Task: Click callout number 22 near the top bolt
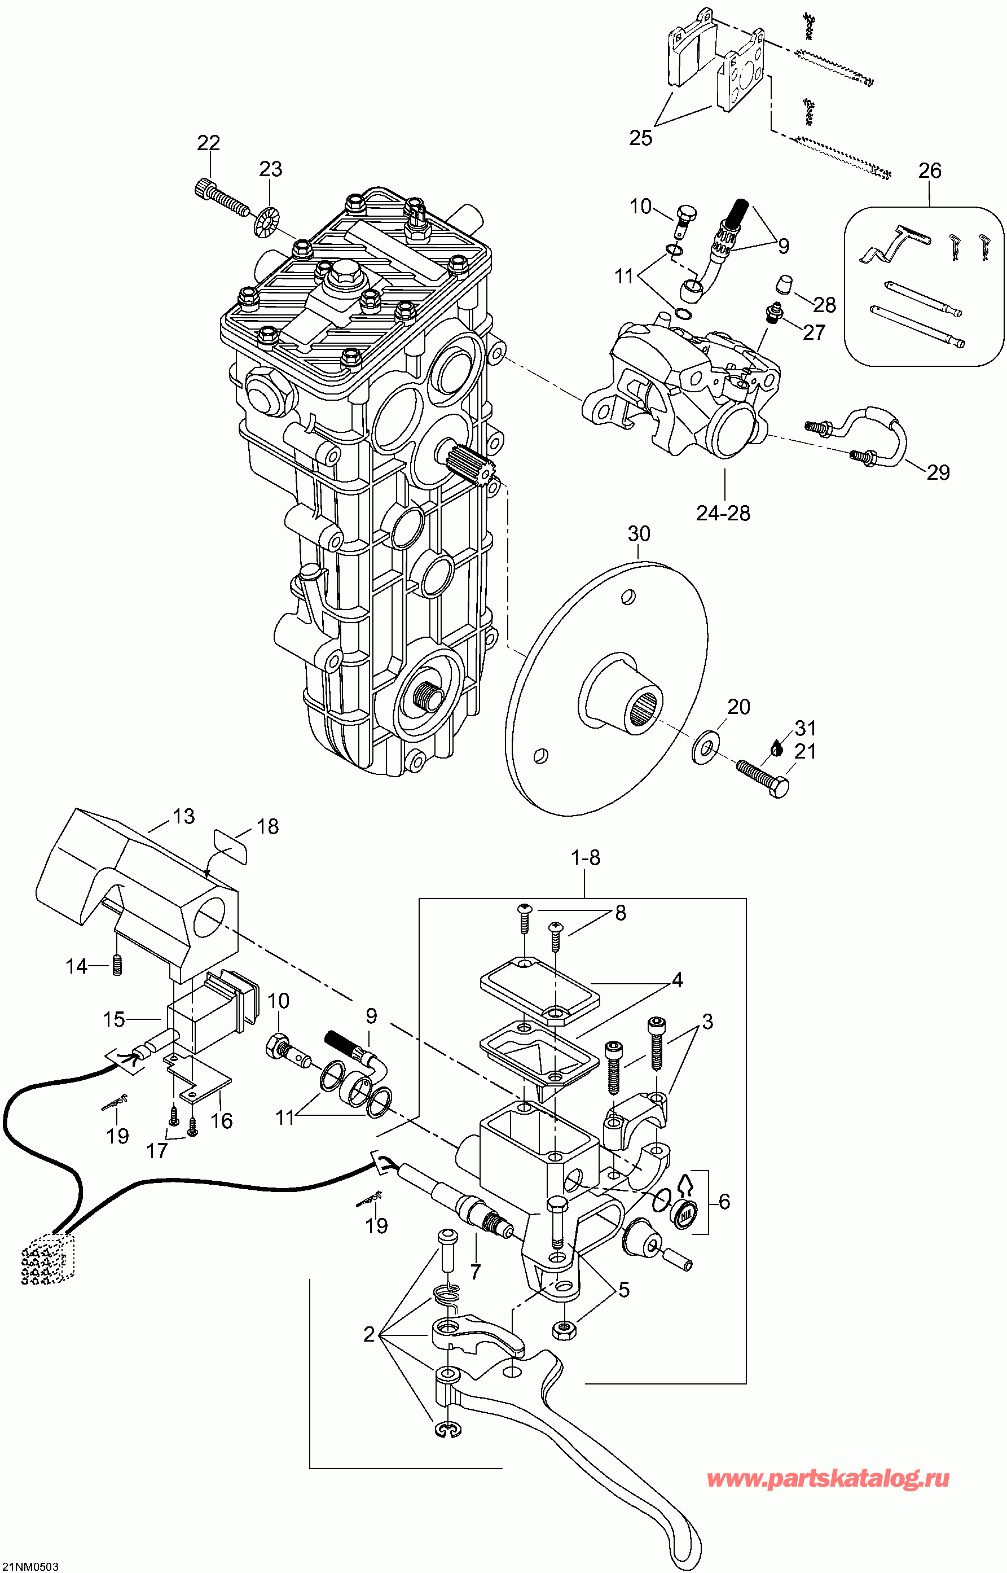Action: (x=209, y=143)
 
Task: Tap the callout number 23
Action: (x=270, y=169)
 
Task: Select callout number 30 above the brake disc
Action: (x=639, y=534)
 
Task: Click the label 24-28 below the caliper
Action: (x=723, y=514)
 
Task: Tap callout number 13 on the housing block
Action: (x=184, y=816)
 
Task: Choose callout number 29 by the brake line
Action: (x=938, y=472)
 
